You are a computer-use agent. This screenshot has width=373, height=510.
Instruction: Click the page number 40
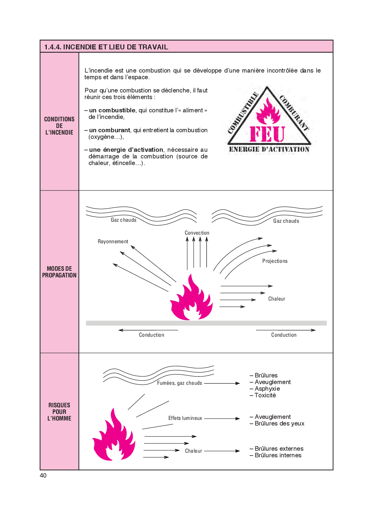click(43, 476)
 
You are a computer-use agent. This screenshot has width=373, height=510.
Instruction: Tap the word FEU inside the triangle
click(268, 134)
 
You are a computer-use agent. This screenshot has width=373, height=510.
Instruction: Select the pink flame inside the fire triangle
click(268, 111)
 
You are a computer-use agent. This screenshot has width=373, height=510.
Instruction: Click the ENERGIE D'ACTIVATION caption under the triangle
click(269, 149)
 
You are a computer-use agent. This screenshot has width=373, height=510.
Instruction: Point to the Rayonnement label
click(113, 242)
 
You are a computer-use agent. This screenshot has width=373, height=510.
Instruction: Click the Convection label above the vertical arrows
click(197, 233)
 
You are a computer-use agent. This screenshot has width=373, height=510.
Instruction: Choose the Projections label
click(275, 261)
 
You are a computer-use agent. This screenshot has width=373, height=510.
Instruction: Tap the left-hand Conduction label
click(152, 335)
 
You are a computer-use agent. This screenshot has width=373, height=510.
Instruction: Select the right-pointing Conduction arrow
click(285, 330)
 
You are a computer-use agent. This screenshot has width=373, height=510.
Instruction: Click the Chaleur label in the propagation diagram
click(277, 299)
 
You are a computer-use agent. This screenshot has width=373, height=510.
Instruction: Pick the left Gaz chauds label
click(123, 220)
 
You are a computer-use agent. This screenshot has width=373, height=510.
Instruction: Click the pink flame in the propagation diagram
click(191, 300)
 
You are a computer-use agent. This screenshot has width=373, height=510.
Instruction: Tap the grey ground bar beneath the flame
click(206, 323)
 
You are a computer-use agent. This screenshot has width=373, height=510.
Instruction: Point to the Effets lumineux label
click(185, 418)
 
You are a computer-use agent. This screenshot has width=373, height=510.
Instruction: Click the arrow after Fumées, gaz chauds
click(222, 383)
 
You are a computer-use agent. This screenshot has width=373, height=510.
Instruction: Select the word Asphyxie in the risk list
click(267, 389)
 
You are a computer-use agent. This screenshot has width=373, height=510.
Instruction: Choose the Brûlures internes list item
click(278, 455)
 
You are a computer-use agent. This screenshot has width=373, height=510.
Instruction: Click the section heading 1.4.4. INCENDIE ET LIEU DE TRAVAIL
click(106, 47)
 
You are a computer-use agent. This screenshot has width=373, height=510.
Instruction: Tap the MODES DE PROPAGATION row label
click(59, 272)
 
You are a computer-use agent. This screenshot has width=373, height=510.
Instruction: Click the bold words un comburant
click(109, 130)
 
